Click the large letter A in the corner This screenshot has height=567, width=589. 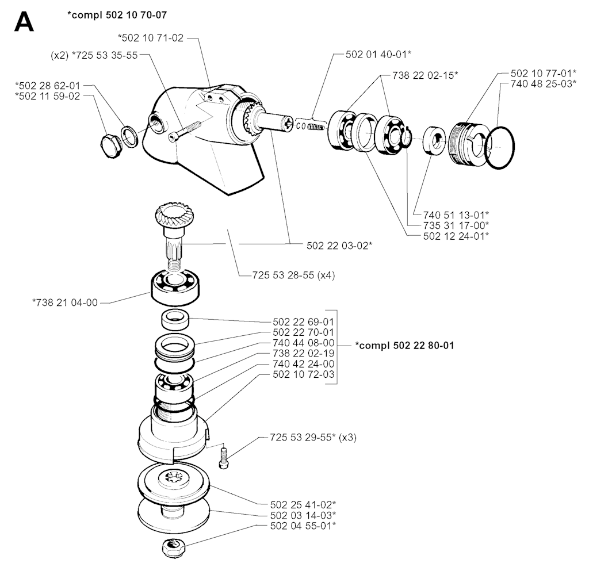(24, 22)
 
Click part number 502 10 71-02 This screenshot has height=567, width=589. (151, 38)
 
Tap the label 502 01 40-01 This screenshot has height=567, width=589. (378, 55)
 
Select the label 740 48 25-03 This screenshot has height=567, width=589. (544, 84)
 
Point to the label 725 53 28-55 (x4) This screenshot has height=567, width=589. (293, 275)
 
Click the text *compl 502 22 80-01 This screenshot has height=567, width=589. (404, 346)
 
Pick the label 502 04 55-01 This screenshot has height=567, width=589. (303, 526)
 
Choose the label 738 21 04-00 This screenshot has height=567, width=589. (65, 302)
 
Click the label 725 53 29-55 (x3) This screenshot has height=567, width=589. (313, 438)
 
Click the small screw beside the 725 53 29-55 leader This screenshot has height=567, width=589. (223, 455)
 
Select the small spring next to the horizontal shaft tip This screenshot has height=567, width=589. (316, 127)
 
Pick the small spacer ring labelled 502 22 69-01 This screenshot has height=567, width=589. (175, 320)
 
